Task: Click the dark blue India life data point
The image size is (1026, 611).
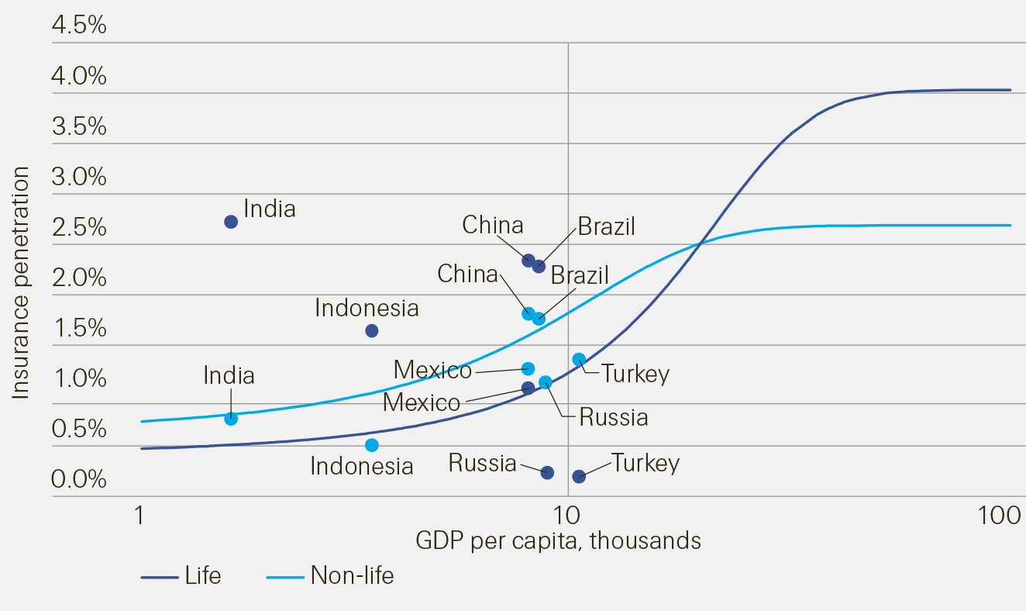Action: click(231, 222)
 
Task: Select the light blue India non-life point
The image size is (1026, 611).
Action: click(231, 419)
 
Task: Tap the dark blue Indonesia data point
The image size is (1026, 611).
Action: click(372, 331)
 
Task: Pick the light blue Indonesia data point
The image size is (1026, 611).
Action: click(372, 445)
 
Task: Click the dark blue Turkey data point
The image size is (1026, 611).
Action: click(579, 476)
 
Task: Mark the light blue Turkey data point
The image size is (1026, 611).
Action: click(579, 359)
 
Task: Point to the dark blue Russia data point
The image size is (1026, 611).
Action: click(547, 472)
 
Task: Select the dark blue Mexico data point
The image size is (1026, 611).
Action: click(528, 388)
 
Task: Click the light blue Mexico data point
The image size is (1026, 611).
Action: click(528, 368)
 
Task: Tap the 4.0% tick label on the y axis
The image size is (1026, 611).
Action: click(79, 77)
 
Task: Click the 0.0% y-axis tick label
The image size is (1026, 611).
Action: click(79, 480)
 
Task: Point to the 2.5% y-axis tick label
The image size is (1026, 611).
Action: click(79, 228)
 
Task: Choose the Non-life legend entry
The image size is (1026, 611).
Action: click(352, 576)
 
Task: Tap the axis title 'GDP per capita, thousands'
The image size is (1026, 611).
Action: click(558, 540)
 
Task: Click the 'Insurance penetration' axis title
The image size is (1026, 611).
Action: click(21, 283)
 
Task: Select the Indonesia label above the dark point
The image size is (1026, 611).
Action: click(367, 308)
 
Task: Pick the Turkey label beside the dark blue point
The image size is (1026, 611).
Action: click(646, 463)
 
